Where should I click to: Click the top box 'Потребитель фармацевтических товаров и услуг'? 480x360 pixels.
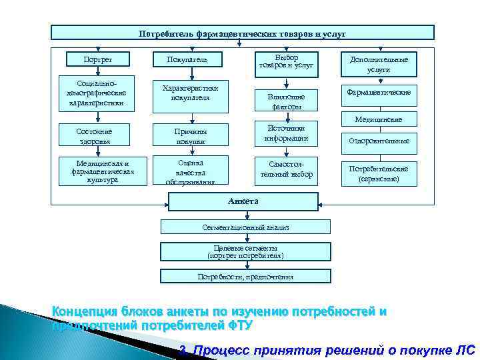[243, 33]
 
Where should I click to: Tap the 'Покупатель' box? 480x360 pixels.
[191, 60]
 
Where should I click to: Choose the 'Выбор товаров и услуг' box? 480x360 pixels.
[286, 62]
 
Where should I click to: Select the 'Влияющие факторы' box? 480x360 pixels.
[286, 101]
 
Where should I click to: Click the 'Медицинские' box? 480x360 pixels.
[379, 119]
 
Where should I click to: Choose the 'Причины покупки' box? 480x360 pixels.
[191, 136]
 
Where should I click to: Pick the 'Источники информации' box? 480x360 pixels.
[286, 133]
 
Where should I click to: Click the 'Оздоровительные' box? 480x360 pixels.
[379, 141]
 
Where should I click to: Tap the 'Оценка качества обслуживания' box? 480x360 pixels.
[191, 171]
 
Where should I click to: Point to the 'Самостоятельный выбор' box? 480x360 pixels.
[286, 171]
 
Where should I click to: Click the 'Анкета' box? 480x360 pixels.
[243, 201]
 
